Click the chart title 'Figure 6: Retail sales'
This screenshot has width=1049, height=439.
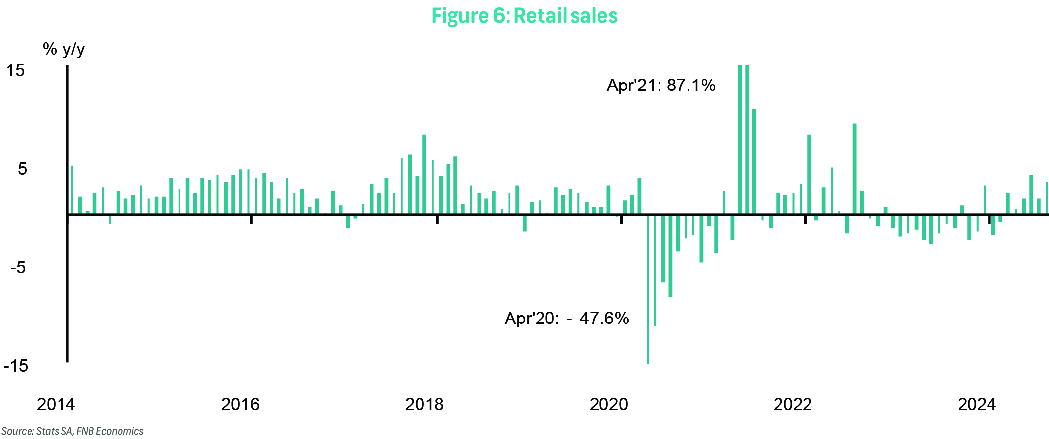[x=524, y=16]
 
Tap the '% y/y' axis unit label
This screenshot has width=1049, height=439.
[x=63, y=49]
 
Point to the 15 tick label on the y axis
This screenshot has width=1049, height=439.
[x=15, y=71]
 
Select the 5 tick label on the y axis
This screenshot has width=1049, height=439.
[x=22, y=169]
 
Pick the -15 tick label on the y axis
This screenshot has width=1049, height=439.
[x=16, y=366]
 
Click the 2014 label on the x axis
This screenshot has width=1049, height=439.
[x=56, y=404]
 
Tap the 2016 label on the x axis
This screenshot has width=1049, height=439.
[x=240, y=404]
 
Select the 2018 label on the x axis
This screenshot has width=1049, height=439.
[x=424, y=404]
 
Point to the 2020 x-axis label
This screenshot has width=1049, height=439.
[x=608, y=404]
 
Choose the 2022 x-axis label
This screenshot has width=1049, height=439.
[x=792, y=404]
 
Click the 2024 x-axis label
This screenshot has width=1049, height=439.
[x=977, y=404]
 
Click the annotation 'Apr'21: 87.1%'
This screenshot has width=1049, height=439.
[x=660, y=86]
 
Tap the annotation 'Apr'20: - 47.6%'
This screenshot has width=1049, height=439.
[x=567, y=319]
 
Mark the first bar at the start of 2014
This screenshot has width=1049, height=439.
[x=72, y=190]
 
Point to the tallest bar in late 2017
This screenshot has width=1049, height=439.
[x=424, y=175]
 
